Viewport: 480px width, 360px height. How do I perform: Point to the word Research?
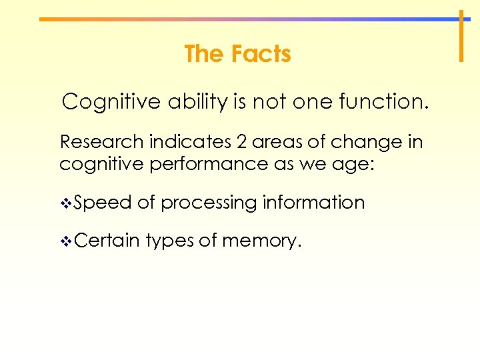pyautogui.click(x=102, y=142)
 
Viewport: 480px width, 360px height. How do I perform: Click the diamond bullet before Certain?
pyautogui.click(x=65, y=241)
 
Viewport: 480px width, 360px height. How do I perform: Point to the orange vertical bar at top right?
pyautogui.click(x=461, y=36)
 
